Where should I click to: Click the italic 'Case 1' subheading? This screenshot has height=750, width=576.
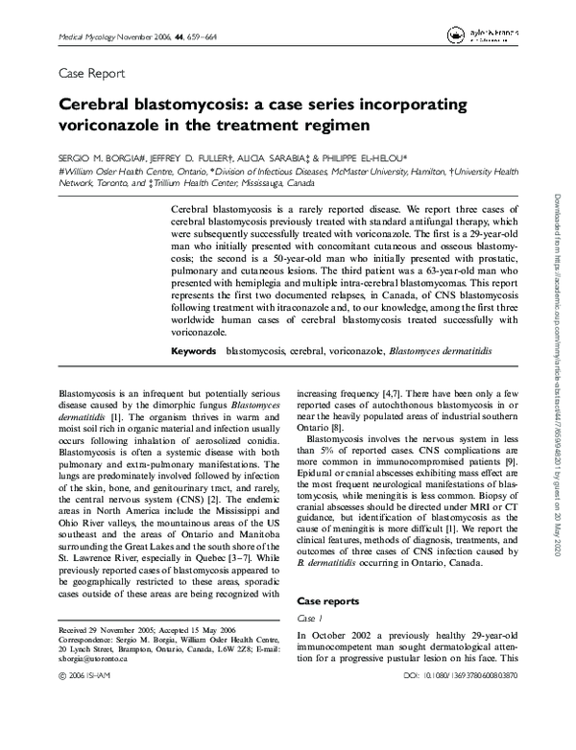(309, 619)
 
